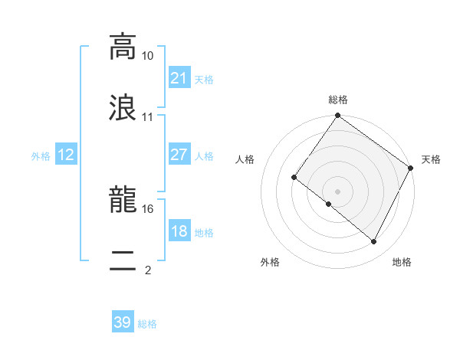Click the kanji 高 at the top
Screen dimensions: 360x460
(x=123, y=47)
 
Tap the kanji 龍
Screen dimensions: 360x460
(x=123, y=201)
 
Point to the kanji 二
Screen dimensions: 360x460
(x=123, y=262)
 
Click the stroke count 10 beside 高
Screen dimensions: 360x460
(x=148, y=56)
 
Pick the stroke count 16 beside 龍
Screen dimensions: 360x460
(x=148, y=208)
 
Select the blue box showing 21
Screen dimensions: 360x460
(x=179, y=77)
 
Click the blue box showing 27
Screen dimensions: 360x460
(x=179, y=155)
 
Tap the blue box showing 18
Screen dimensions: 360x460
(x=179, y=231)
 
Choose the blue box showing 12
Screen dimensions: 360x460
(x=66, y=155)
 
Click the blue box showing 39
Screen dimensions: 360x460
(x=123, y=322)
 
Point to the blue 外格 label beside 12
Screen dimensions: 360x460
(x=41, y=156)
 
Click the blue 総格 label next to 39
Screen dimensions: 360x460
(x=148, y=324)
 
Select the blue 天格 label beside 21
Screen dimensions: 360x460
(x=204, y=79)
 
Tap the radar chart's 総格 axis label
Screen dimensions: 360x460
(x=338, y=100)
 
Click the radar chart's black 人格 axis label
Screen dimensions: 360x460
(x=246, y=159)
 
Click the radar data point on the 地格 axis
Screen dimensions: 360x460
(x=374, y=242)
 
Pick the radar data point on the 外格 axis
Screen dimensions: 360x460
(x=328, y=205)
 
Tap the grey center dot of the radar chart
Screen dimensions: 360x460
(x=338, y=191)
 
